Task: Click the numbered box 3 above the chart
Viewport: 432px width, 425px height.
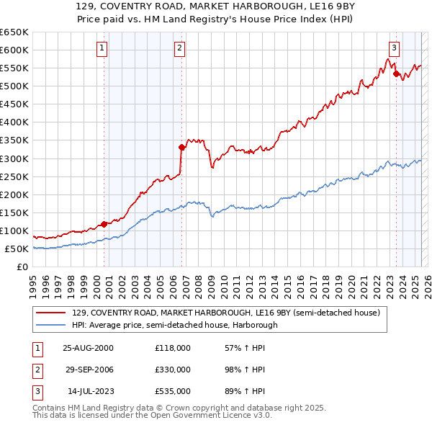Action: (x=395, y=48)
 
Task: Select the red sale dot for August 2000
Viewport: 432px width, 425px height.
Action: (x=104, y=224)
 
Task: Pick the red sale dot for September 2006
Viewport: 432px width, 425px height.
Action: (x=181, y=147)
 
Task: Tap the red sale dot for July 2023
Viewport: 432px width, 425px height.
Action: (x=397, y=73)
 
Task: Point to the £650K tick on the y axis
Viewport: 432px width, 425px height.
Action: (x=14, y=32)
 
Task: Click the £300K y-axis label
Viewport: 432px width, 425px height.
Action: (x=14, y=158)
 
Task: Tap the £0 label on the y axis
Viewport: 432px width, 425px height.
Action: (x=22, y=267)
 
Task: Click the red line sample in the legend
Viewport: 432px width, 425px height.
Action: (x=52, y=313)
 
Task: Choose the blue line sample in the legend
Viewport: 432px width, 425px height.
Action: (x=52, y=325)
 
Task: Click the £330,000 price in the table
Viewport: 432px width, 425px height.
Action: (x=173, y=370)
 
